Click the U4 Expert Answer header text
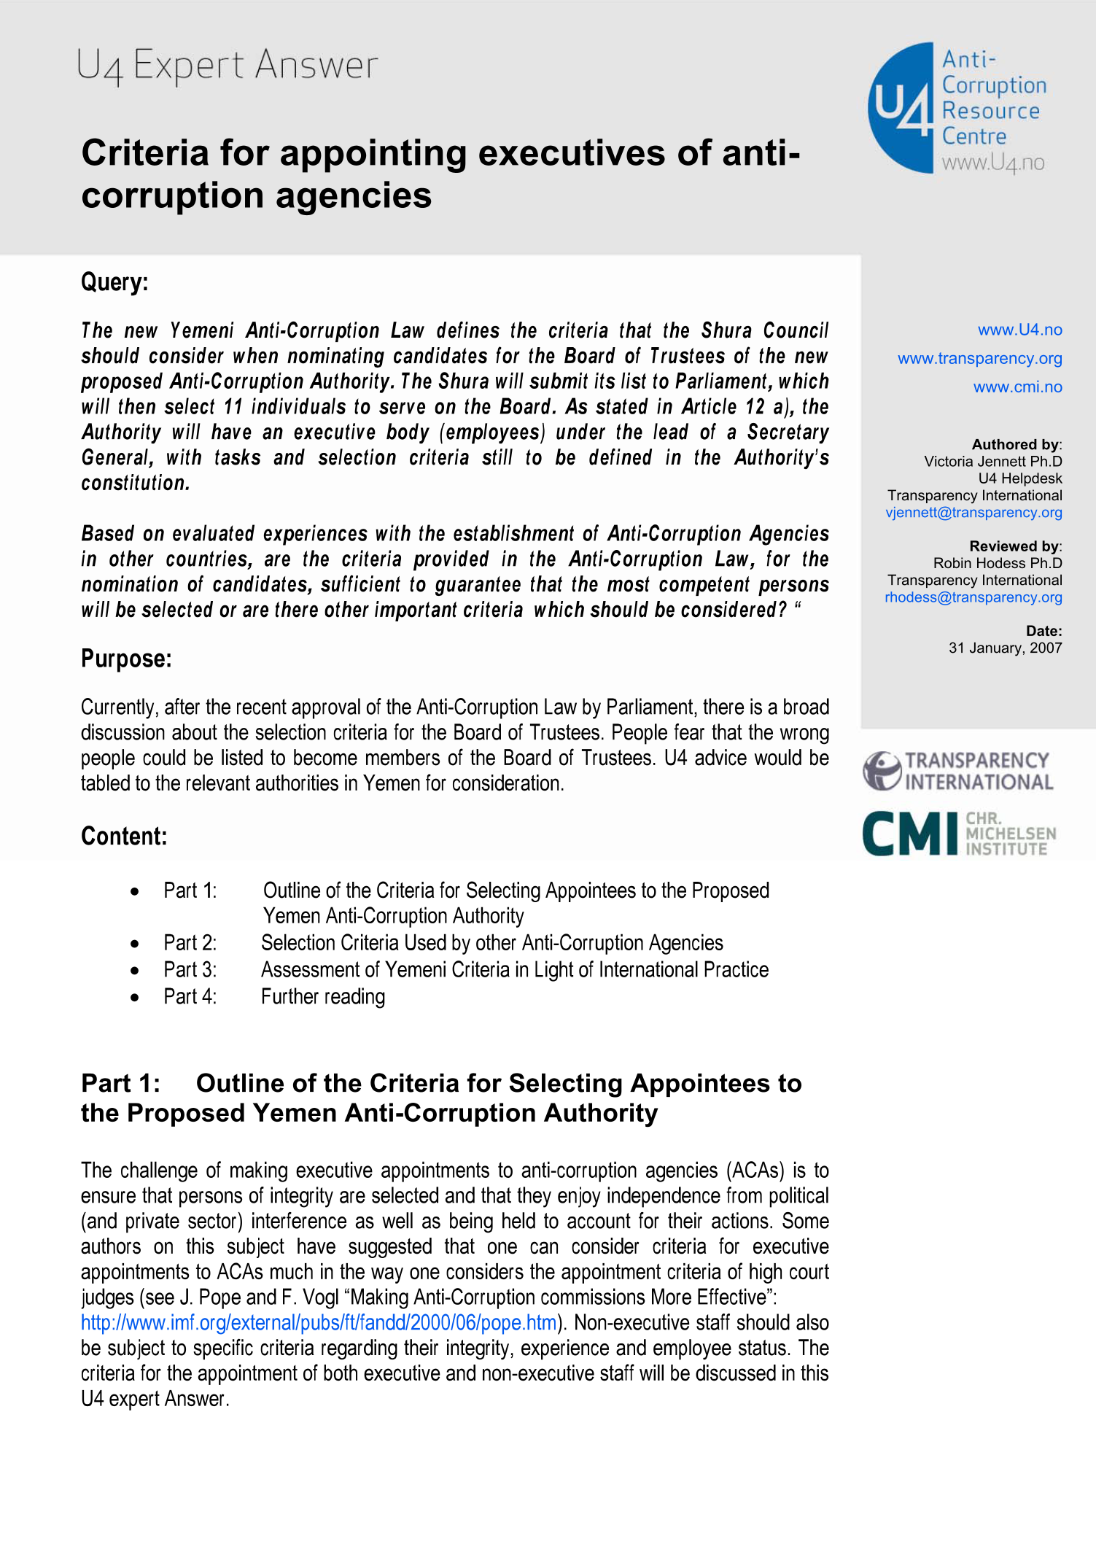tap(228, 66)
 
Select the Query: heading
tap(114, 282)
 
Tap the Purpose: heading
tap(126, 659)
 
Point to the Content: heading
tap(124, 836)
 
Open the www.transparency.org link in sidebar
tap(979, 358)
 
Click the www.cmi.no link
tap(1017, 387)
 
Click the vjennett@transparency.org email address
tap(973, 512)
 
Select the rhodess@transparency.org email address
tap(973, 597)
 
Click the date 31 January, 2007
tap(1005, 648)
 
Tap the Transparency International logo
tap(957, 771)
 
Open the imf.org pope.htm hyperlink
tap(319, 1322)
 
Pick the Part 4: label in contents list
tap(190, 996)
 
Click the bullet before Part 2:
tap(135, 944)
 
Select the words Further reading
tap(323, 996)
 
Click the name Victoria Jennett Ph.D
tap(992, 461)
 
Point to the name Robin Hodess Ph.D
tap(997, 563)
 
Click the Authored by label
tap(1015, 444)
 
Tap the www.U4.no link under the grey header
tap(1019, 330)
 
